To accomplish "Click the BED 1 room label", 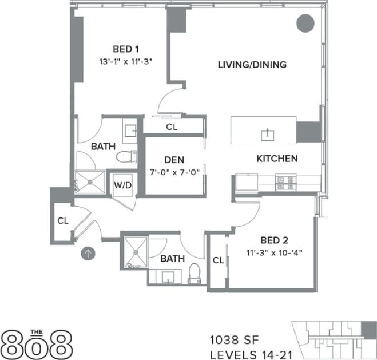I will tap(124, 49).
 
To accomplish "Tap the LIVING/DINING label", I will tap(252, 65).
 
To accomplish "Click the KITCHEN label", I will tap(276, 159).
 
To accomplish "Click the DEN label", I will tap(174, 160).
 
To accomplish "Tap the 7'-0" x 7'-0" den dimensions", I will tap(174, 172).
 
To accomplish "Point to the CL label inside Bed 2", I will tap(218, 260).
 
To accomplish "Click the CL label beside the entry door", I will tap(63, 220).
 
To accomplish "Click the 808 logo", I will tap(37, 343).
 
